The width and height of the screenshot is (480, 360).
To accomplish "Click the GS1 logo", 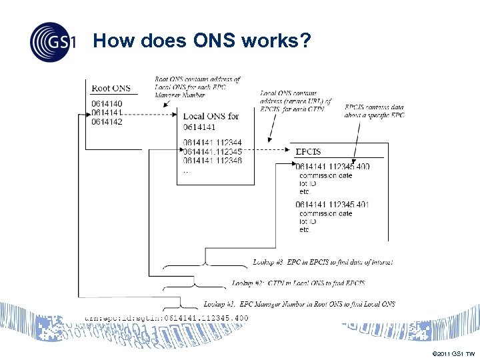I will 51,42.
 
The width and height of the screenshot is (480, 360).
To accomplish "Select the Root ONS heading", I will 111,88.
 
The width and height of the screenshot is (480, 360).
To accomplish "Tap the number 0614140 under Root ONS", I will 107,104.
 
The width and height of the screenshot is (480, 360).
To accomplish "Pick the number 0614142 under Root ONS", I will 107,122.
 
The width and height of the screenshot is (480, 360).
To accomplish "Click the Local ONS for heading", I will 211,116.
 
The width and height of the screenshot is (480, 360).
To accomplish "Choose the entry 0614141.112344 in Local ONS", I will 212,143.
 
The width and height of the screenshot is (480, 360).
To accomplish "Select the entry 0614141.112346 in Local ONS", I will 212,161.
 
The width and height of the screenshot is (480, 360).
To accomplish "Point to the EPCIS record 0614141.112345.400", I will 332,166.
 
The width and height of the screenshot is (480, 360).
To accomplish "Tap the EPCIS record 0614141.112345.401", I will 332,204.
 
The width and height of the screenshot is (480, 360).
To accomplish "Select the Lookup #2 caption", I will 298,283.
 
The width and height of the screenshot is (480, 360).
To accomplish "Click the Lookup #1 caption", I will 299,304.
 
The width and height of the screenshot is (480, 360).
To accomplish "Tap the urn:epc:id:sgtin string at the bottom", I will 166,318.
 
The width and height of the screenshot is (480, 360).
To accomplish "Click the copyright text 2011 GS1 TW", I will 453,353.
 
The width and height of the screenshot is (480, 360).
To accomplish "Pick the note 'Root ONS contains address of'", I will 197,79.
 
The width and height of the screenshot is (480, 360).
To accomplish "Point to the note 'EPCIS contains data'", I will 374,107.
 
